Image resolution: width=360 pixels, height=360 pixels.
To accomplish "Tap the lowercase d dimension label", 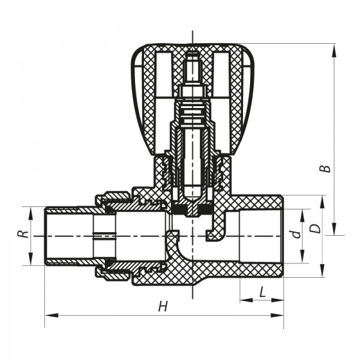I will (x=295, y=235).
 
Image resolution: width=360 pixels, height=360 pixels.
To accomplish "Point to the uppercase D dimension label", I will (x=314, y=229).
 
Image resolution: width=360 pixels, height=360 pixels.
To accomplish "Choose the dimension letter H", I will (x=163, y=307).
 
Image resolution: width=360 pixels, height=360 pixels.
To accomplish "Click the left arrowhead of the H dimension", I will (x=48, y=314).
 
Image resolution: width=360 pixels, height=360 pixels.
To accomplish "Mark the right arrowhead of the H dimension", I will (x=280, y=314).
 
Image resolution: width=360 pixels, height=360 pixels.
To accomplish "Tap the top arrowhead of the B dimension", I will (x=334, y=47).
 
